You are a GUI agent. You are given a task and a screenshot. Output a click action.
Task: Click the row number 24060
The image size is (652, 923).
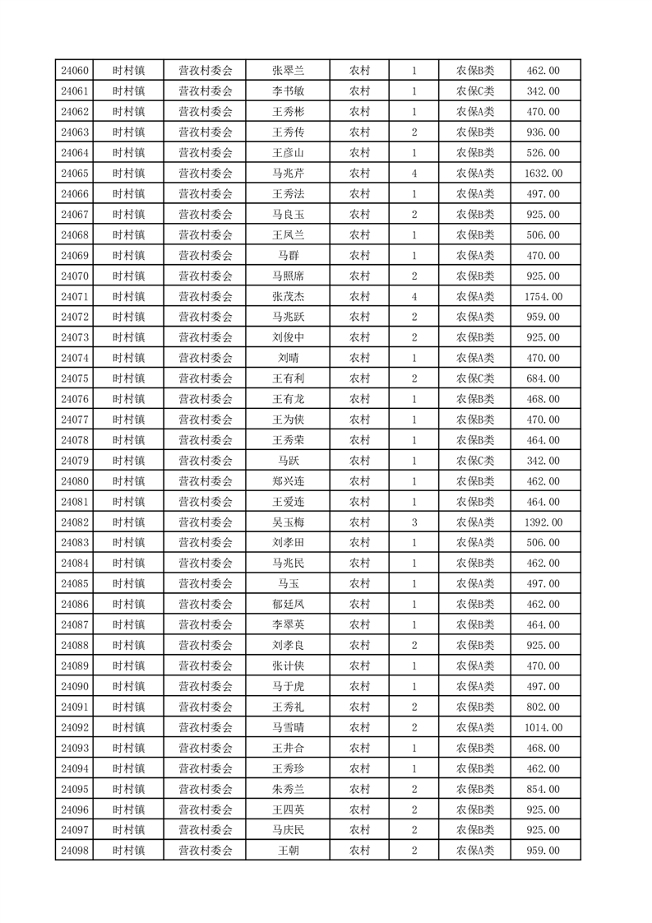74,71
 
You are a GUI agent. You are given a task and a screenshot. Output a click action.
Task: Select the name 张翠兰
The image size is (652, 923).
288,71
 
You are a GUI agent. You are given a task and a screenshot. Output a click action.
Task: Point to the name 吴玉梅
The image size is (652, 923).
288,522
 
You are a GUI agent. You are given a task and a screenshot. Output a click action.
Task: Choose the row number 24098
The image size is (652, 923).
74,851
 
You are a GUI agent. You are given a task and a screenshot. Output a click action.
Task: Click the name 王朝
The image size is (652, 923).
288,851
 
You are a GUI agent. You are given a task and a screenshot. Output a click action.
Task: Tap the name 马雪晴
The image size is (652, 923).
288,727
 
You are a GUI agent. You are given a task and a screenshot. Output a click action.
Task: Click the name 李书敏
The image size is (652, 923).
288,91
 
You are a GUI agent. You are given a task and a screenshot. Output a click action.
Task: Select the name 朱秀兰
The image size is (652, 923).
288,789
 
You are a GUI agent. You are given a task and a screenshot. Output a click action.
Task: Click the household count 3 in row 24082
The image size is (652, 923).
414,522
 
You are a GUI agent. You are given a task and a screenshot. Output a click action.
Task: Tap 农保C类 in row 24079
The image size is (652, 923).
475,461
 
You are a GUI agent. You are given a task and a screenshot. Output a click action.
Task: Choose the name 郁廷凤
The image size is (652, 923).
288,605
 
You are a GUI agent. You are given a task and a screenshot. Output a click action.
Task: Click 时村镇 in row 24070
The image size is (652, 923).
129,276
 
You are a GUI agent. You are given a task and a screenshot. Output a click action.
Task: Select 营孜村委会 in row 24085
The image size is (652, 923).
206,584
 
